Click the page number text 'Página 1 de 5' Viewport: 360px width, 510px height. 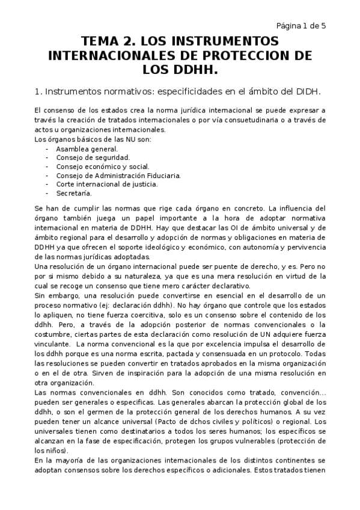(x=301, y=25)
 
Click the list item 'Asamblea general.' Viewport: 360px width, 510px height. (x=87, y=149)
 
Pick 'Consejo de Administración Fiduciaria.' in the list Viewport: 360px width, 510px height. (x=118, y=176)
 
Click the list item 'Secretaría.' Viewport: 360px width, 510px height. (x=74, y=193)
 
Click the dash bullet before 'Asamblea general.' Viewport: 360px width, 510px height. (x=47, y=149)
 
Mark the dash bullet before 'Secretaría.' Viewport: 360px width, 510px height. (x=47, y=193)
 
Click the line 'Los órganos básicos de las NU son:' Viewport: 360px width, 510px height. (x=93, y=140)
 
